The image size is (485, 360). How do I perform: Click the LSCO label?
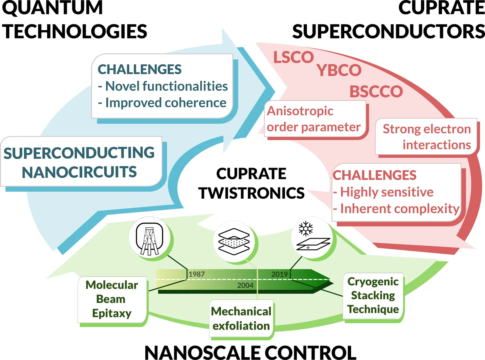point(293,57)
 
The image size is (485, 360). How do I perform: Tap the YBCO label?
point(339,71)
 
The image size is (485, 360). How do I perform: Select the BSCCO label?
point(376,92)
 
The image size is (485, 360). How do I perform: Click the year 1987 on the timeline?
point(197,274)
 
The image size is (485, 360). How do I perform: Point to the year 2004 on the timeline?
point(245,285)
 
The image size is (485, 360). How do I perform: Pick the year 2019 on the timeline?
point(279,274)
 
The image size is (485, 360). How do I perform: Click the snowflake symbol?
point(306,228)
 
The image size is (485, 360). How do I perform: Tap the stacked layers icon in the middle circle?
point(234,242)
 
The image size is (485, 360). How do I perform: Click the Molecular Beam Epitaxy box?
point(112,299)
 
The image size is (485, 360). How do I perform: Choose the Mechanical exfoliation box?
point(241,318)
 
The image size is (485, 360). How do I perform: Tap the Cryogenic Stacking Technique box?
point(373,295)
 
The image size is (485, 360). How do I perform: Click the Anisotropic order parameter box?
point(314,119)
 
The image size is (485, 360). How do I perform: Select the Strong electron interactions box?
point(426,137)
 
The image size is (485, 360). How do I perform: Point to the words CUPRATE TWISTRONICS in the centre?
point(251,183)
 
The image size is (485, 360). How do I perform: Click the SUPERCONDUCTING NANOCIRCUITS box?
point(79,162)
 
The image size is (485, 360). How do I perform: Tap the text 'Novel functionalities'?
point(166,86)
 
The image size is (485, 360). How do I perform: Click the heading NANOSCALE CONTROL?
point(250,353)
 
